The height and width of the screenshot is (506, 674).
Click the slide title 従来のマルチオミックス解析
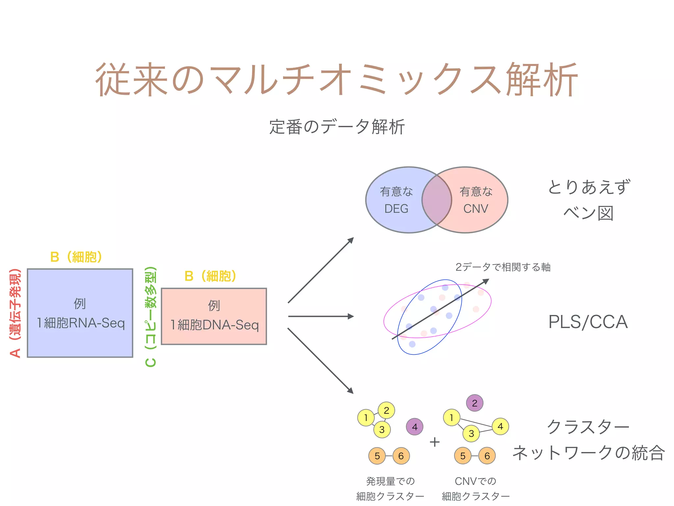336,80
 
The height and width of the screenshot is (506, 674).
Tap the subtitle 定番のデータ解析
337,127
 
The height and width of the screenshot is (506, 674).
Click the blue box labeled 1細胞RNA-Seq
80,313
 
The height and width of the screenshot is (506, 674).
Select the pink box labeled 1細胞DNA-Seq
214,316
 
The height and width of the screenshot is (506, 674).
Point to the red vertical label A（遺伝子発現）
15,313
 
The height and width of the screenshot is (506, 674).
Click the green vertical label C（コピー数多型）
151,316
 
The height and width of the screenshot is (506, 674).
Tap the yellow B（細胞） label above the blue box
76,257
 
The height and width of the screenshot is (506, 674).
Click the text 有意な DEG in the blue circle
396,200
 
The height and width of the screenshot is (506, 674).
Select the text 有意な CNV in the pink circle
476,200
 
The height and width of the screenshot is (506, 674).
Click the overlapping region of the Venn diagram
437,200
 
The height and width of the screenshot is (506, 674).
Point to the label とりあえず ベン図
588,200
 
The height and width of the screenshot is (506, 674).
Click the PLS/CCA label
588,322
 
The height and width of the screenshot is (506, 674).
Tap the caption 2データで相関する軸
503,267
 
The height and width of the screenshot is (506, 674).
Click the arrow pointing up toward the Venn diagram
321,270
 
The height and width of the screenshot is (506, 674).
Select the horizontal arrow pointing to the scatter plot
321,316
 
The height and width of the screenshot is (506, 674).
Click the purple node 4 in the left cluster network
415,427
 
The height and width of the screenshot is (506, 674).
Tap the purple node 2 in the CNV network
475,403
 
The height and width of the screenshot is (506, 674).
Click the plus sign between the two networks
435,442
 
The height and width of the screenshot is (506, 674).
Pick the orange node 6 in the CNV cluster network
487,456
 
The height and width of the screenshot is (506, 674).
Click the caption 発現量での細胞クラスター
390,489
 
